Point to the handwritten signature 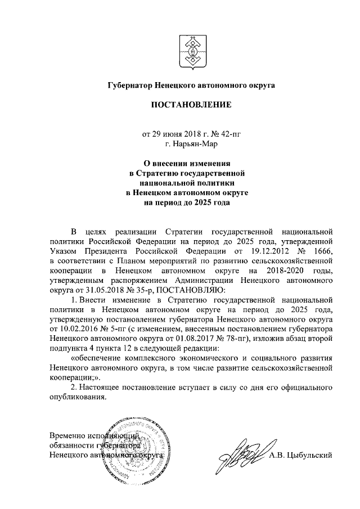[242, 454]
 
